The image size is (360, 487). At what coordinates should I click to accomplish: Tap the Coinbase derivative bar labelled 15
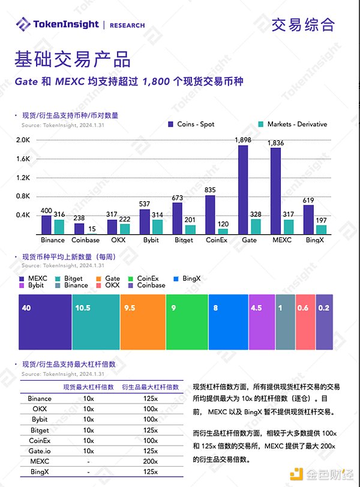click(x=91, y=233)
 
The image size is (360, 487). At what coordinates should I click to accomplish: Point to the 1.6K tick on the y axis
click(x=23, y=159)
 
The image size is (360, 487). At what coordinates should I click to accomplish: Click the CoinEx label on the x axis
click(x=217, y=240)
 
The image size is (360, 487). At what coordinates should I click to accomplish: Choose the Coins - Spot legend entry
click(x=191, y=124)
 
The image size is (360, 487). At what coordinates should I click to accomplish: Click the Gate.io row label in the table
click(x=40, y=451)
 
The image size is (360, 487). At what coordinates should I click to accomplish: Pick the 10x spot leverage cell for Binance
click(x=88, y=399)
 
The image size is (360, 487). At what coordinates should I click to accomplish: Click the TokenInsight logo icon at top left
click(x=23, y=25)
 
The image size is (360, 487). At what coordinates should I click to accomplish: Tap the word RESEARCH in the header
click(x=127, y=25)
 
